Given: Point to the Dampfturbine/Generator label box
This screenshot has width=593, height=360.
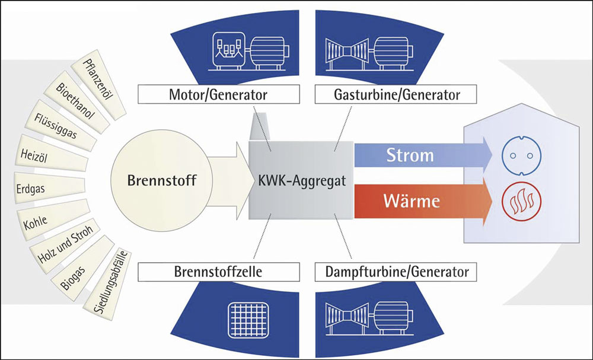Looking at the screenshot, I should coord(397,272).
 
